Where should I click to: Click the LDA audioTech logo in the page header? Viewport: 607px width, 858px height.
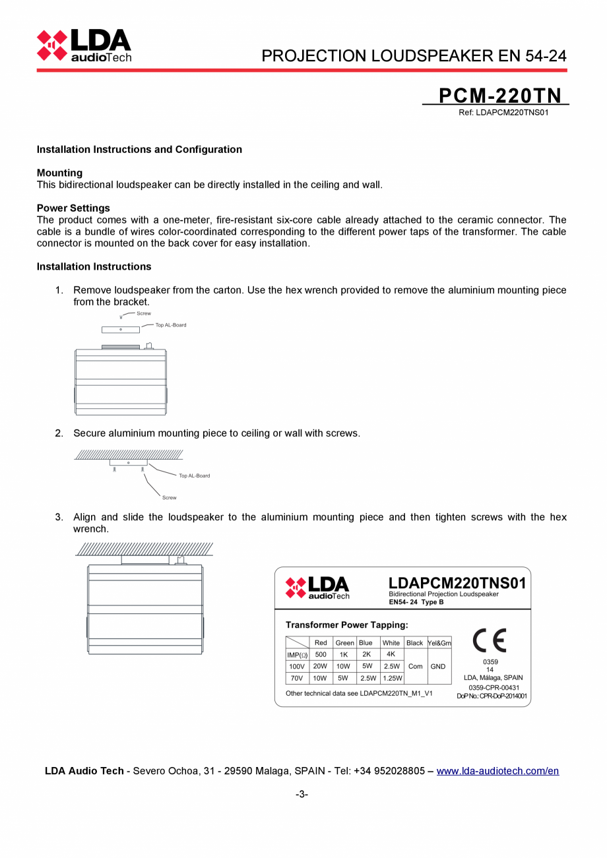pos(84,46)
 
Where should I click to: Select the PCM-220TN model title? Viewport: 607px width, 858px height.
pos(499,96)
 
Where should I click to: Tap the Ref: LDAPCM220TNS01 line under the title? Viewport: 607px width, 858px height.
pos(504,112)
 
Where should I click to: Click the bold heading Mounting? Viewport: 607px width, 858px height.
pos(59,173)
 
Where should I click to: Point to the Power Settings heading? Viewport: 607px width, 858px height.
pos(73,208)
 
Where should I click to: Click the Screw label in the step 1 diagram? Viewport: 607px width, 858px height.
pos(143,313)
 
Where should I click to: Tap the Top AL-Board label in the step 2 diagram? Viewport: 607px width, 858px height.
pos(194,475)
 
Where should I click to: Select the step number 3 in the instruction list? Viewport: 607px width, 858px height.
pos(59,517)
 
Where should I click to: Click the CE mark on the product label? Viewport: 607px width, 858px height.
pos(490,640)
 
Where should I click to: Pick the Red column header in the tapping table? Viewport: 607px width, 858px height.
pos(321,642)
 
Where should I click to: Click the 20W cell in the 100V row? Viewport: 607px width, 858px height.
pos(320,666)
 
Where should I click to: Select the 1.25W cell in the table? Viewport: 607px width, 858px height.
pos(392,678)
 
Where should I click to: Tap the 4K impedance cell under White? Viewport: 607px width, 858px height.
pos(391,654)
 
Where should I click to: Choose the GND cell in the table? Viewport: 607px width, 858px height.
pos(438,666)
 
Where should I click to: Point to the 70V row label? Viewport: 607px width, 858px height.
pos(296,678)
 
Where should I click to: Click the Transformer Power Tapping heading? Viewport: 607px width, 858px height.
pos(346,625)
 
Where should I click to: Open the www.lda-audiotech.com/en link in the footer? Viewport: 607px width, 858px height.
pos(497,770)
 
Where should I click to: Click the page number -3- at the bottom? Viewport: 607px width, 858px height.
pos(302,794)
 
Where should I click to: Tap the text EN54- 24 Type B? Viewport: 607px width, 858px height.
pos(416,602)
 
